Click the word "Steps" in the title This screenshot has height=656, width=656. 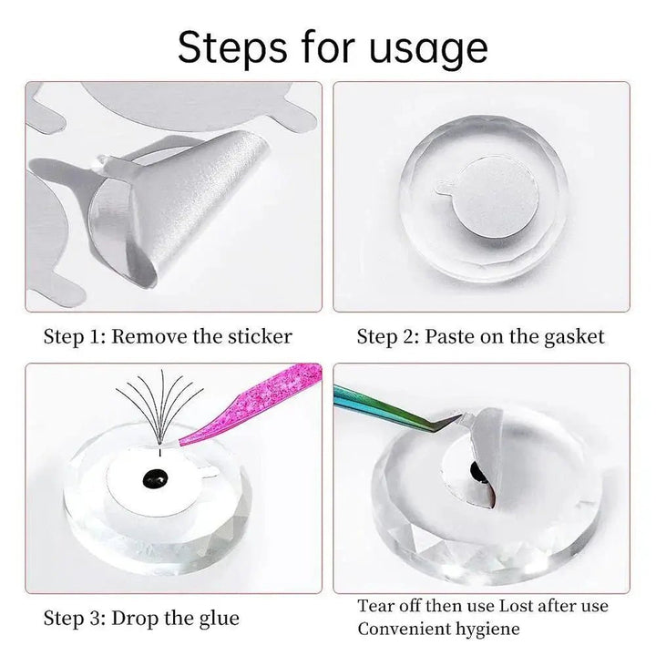coord(232,47)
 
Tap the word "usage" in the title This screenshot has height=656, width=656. coord(428,51)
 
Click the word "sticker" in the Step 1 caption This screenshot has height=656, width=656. coord(260,337)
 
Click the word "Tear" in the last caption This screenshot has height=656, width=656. coord(374,606)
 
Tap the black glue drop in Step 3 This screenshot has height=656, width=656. coord(155,477)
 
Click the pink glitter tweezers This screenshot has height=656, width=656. coord(251,404)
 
